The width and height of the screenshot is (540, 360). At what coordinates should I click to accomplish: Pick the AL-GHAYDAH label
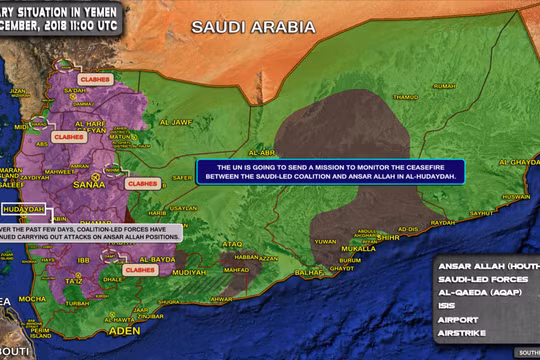click(x=519, y=161)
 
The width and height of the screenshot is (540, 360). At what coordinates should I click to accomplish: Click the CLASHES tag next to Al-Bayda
click(x=135, y=269)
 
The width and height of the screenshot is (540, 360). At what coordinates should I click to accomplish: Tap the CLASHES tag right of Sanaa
click(x=142, y=184)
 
